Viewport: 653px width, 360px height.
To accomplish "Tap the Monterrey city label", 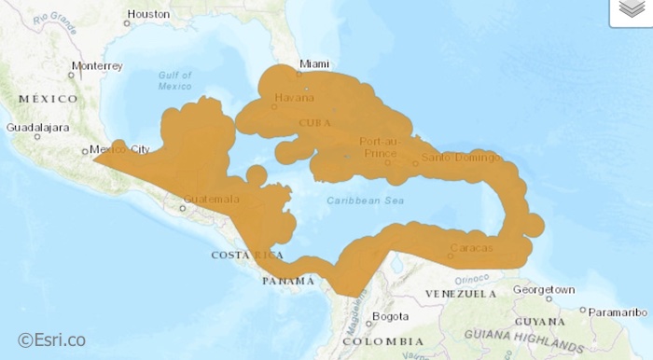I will (97, 66).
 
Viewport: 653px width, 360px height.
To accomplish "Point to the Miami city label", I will (313, 64).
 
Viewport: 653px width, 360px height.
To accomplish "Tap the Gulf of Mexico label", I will (174, 80).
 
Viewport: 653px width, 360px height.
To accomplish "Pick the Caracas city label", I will (465, 249).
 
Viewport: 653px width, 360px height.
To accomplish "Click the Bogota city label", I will (390, 317).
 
